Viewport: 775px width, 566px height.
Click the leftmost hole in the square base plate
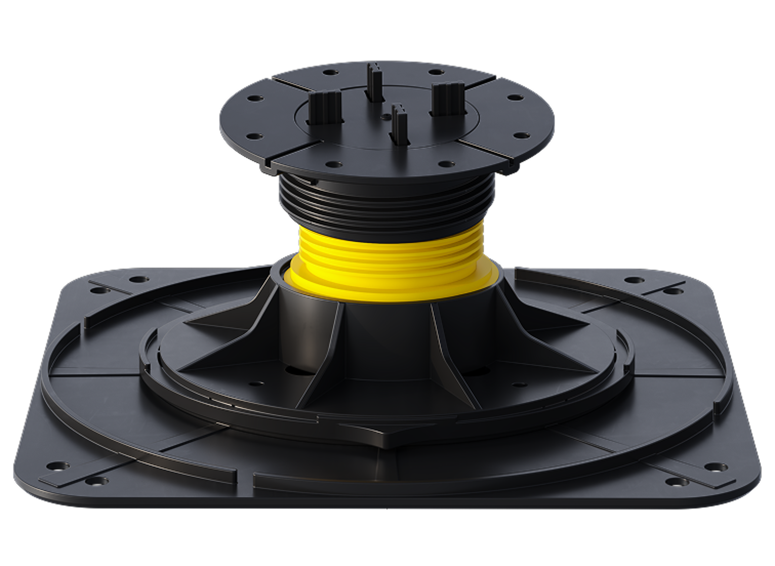[56, 465]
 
